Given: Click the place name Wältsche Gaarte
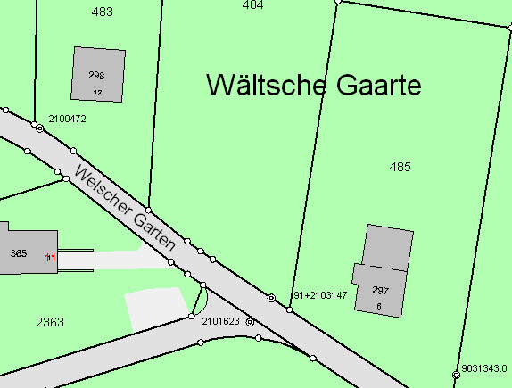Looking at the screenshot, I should [313, 86].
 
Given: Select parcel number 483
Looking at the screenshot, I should [103, 12].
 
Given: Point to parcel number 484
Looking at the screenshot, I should [252, 4].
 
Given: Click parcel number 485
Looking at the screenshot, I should [400, 167].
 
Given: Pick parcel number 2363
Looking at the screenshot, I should [50, 321].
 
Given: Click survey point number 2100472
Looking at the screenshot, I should [67, 119].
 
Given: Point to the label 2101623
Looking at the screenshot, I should [221, 319].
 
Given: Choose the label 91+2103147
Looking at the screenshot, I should [319, 295].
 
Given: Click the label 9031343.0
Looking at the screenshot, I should [484, 367].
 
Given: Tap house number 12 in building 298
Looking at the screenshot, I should [97, 92].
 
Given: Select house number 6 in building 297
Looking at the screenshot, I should [379, 306].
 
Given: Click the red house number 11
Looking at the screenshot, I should [51, 258].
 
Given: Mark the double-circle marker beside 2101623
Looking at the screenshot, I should [250, 321].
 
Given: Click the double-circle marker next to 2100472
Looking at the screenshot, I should [39, 128].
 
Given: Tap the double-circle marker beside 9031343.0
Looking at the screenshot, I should [456, 376].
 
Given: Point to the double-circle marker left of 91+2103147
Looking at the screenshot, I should [271, 297].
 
